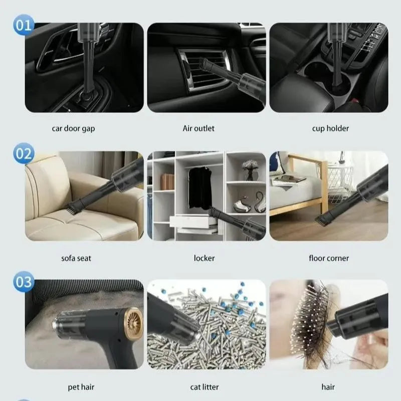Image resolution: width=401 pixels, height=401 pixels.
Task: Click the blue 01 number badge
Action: click(x=24, y=25)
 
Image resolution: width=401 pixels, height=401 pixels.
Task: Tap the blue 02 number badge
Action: click(x=24, y=153)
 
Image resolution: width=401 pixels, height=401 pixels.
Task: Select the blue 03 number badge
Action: click(x=24, y=282)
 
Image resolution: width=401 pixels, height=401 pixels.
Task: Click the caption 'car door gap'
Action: click(x=73, y=128)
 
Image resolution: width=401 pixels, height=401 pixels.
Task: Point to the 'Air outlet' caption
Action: click(x=198, y=128)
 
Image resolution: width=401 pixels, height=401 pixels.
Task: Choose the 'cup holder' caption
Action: click(x=330, y=128)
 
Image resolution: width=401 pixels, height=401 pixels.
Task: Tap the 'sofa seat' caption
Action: click(x=76, y=258)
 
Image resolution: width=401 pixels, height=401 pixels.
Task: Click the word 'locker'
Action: click(x=204, y=258)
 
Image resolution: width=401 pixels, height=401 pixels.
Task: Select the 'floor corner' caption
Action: click(x=329, y=258)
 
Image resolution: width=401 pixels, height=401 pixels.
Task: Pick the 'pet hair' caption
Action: click(x=81, y=387)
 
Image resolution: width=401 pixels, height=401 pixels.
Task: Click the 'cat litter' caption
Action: click(x=205, y=387)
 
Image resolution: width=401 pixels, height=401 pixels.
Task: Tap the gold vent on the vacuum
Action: click(x=134, y=323)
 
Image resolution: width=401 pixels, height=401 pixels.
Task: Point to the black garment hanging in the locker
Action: click(x=200, y=188)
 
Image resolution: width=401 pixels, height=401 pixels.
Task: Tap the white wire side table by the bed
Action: click(x=340, y=182)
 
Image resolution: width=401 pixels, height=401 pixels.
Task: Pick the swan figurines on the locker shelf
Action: click(x=250, y=203)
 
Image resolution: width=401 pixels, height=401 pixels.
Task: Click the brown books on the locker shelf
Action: click(x=167, y=182)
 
